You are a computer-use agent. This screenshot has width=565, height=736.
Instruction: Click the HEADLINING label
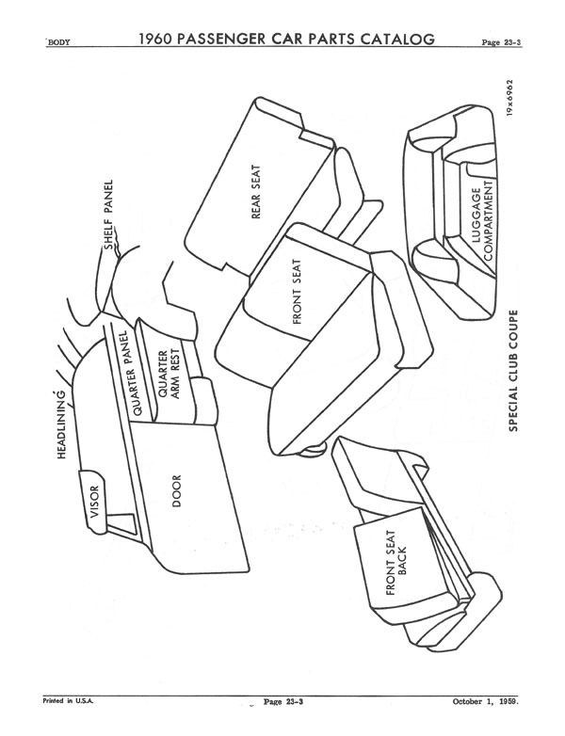click(62, 424)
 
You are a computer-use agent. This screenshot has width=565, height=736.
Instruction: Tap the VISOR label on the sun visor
click(95, 502)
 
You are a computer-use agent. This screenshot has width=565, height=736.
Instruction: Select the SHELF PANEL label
click(108, 215)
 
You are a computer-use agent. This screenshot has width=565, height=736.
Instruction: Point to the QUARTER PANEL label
click(131, 372)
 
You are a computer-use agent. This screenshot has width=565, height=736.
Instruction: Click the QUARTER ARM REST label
click(169, 374)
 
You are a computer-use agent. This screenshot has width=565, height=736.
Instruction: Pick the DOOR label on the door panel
click(177, 491)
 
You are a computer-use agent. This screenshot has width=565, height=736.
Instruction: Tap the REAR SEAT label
click(256, 191)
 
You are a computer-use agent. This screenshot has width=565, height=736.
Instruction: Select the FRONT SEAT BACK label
click(395, 563)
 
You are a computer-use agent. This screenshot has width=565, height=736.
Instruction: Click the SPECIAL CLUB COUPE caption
click(513, 370)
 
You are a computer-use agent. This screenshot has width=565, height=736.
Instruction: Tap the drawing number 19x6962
click(510, 98)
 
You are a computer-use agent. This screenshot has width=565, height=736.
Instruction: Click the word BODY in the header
click(58, 42)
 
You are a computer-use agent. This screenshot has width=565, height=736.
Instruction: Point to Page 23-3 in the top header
click(501, 42)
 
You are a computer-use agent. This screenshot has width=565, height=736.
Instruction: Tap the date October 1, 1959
click(486, 702)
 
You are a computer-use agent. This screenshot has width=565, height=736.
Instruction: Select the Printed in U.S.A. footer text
click(68, 701)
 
